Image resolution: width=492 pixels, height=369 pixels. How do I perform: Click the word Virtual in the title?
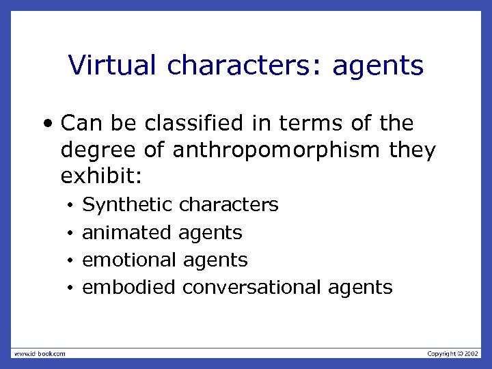tap(113, 66)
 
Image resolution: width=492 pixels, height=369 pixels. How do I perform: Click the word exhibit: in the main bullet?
tap(101, 176)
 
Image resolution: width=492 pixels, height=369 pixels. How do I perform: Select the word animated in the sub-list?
tap(127, 232)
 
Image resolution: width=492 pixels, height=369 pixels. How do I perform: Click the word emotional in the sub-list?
tap(130, 260)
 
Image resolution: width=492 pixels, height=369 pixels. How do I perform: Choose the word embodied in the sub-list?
tap(128, 287)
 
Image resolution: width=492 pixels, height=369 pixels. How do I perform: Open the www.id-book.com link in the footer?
tap(40, 353)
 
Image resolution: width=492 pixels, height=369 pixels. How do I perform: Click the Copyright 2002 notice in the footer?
tap(453, 353)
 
